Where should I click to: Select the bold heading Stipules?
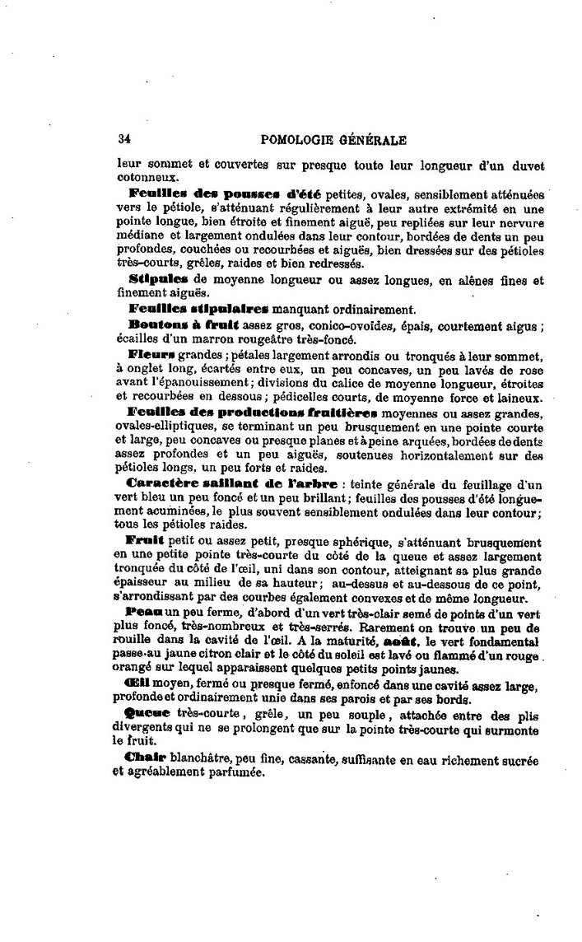156,280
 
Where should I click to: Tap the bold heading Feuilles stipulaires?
198,310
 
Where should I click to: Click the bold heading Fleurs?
152,355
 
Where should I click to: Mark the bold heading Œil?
138,684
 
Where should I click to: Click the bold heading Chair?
145,758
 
